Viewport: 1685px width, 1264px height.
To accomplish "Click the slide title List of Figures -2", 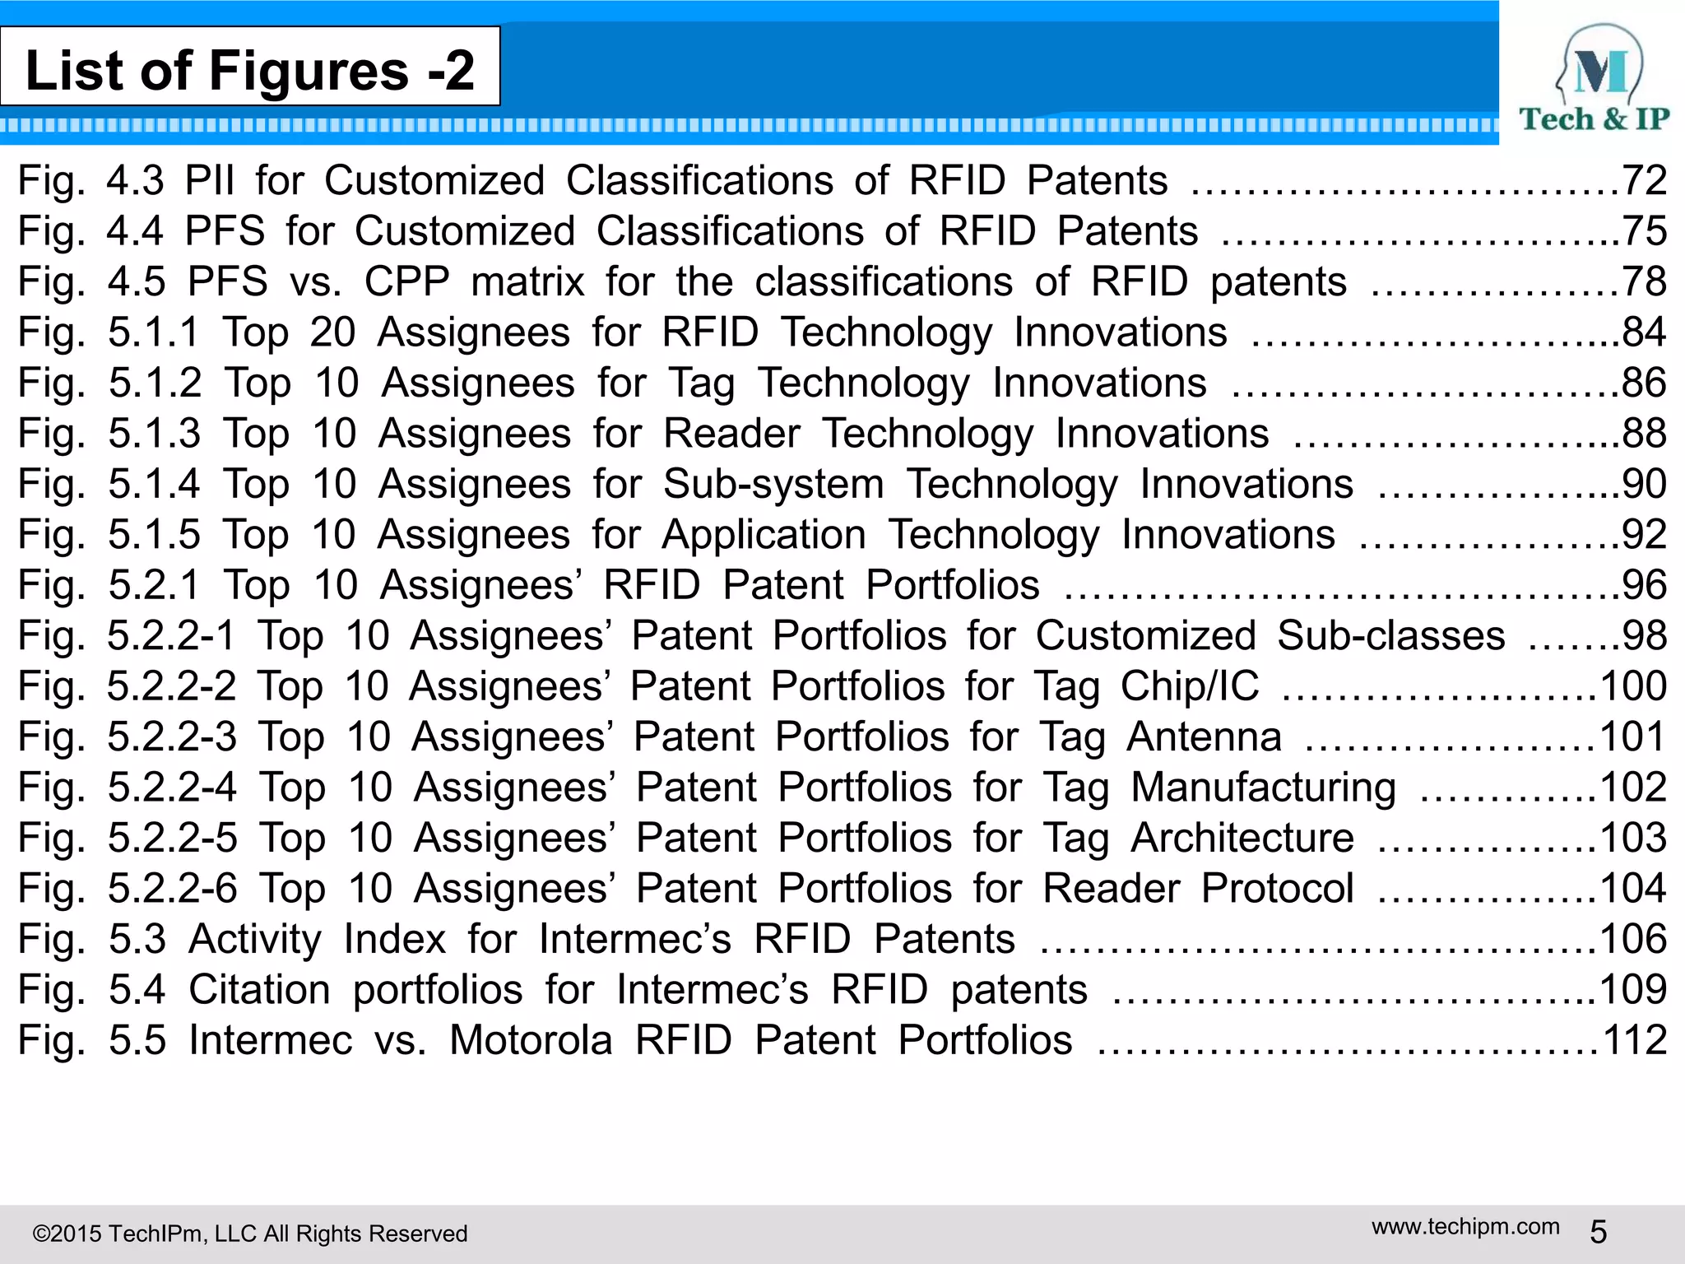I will tap(250, 69).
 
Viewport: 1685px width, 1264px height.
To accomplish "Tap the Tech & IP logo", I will tap(1594, 79).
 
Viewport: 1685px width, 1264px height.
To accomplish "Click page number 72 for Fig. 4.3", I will tap(1644, 180).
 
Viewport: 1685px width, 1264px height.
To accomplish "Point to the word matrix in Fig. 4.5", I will tap(527, 282).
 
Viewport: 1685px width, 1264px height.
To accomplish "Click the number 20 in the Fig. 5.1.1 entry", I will tap(332, 332).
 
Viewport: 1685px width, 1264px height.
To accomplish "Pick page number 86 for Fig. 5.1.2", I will tap(1644, 383).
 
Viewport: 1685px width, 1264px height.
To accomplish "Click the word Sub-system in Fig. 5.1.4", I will tap(773, 484).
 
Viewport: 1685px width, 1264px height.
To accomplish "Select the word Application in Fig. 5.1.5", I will tap(764, 535).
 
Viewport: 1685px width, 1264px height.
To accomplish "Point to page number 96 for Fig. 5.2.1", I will tap(1644, 585).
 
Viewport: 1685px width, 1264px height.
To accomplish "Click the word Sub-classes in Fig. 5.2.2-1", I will tap(1391, 636).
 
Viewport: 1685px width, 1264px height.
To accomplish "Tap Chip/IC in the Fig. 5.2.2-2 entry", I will tap(1190, 686).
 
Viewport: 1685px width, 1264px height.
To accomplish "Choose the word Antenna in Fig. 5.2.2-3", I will tap(1204, 737).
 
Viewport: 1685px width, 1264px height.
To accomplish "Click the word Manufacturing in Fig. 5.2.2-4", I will tap(1263, 788).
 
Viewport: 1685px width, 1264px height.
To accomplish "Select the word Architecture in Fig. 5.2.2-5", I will tap(1242, 838).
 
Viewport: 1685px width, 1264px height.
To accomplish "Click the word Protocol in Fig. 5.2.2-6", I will tap(1277, 889).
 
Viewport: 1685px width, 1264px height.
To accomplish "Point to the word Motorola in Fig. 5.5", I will tap(531, 1040).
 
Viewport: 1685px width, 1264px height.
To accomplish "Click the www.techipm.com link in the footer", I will tap(1465, 1227).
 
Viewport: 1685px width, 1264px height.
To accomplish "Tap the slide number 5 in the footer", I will tap(1598, 1232).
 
